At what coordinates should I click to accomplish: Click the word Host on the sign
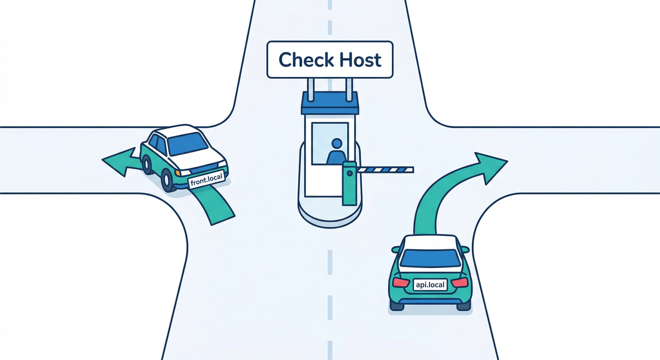point(358,60)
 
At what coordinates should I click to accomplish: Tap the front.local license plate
point(207,181)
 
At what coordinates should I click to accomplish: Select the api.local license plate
point(430,284)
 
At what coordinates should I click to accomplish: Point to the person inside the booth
point(336,152)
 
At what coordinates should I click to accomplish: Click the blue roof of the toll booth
point(330,104)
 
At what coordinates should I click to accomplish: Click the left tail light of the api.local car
point(401,282)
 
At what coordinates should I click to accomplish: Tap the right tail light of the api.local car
point(460,282)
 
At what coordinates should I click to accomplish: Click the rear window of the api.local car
point(430,258)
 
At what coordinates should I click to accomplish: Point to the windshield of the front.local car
point(188,143)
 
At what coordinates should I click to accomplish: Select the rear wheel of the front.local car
point(147,164)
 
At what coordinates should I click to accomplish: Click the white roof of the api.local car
point(430,242)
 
